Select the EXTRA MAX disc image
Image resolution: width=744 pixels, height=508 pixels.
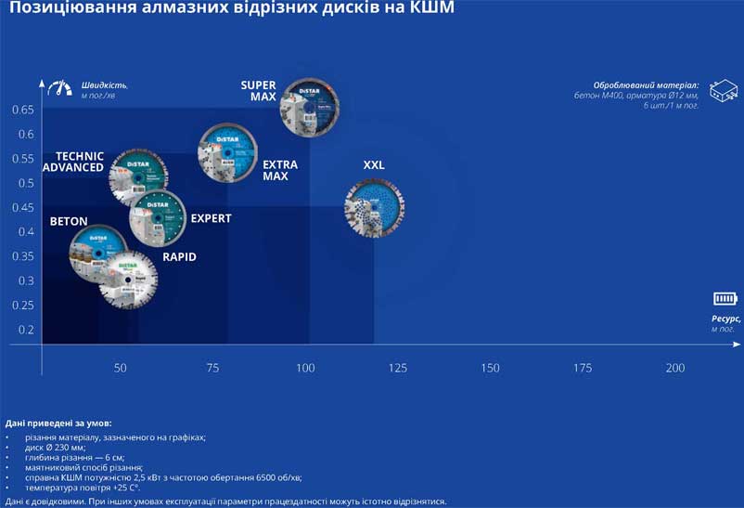coord(227,152)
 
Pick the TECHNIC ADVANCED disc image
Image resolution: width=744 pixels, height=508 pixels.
coord(138,176)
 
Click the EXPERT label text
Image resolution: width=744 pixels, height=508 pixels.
coord(211,219)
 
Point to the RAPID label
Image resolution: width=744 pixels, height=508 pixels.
coord(179,257)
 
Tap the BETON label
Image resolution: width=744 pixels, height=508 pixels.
coord(69,222)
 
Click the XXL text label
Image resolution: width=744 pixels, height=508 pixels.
coord(374,165)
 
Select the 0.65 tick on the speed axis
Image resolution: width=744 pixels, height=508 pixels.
coord(22,110)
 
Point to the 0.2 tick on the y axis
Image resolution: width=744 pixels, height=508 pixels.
coord(25,330)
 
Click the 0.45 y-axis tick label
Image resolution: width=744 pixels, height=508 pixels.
coord(22,207)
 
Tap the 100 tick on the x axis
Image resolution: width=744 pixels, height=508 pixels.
coord(305,369)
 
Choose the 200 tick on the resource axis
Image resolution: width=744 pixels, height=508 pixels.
coord(675,369)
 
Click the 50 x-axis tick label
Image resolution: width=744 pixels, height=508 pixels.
coord(121,369)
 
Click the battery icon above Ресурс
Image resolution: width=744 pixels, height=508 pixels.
coord(725,298)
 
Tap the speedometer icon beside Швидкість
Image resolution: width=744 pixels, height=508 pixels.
coord(63,86)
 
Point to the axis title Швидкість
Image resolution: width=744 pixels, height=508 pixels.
coord(104,85)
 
